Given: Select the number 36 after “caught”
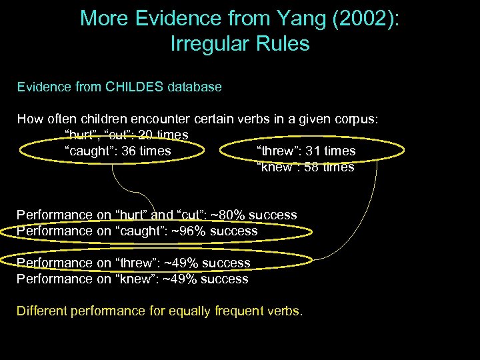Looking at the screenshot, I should (x=130, y=151).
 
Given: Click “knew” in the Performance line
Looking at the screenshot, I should (x=135, y=279).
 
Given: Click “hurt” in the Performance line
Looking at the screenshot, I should (x=132, y=215).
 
